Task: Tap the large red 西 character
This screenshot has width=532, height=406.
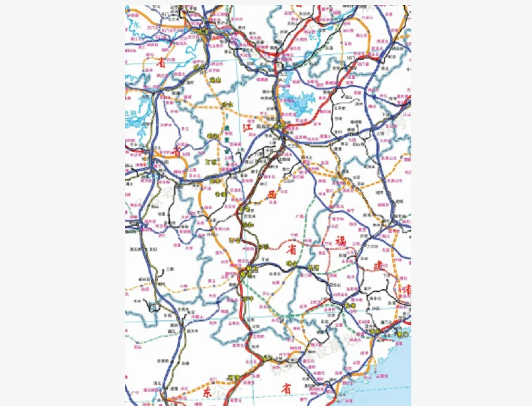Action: click(x=271, y=196)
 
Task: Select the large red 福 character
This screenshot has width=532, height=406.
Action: click(x=340, y=240)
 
